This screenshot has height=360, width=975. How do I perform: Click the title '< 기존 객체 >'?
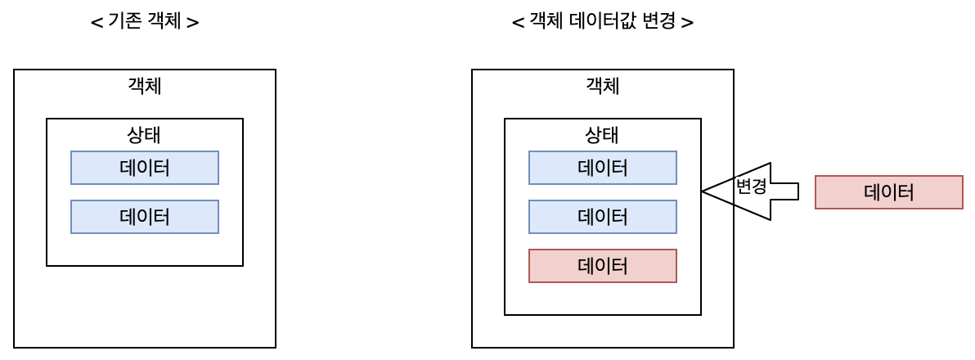point(144,22)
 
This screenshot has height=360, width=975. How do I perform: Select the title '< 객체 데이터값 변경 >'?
point(603,22)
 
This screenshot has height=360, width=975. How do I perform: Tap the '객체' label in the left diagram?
point(145,85)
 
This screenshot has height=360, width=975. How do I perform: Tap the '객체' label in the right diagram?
point(603,85)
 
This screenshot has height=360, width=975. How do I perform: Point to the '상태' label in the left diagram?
point(145,134)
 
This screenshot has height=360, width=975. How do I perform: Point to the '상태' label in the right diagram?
point(603,134)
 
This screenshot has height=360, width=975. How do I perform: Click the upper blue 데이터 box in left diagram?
point(145,168)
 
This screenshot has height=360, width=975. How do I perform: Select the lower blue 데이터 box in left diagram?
point(145,217)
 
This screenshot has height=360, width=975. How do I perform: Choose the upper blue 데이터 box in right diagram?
point(603,168)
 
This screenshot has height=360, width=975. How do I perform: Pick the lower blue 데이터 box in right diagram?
point(603,217)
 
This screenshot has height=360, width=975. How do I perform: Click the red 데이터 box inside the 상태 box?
point(603,266)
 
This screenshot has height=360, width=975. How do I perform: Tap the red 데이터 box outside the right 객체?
point(888,192)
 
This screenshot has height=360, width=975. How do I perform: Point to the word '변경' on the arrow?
point(751,187)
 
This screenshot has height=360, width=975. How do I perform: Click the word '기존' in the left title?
point(125,22)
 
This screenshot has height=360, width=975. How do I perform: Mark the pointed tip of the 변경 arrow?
point(704,191)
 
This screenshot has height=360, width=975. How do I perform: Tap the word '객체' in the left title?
point(164,22)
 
